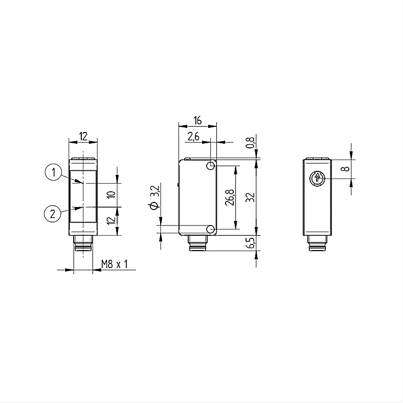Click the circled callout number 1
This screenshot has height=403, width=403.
53,172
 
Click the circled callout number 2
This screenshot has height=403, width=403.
53,214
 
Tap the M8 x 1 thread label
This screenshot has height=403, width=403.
115,264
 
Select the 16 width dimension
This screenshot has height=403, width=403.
197,120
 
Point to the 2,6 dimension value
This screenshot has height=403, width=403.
193,137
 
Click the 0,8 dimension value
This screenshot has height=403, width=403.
250,142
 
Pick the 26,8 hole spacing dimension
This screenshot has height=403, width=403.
230,197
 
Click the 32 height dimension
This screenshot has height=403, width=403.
250,197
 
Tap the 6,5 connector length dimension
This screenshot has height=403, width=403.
250,243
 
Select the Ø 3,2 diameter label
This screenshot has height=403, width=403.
154,197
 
